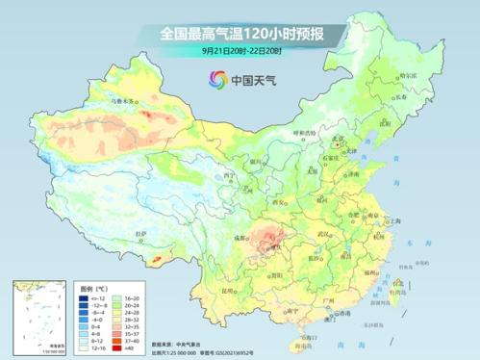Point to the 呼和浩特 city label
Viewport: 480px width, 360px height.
coord(304,133)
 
